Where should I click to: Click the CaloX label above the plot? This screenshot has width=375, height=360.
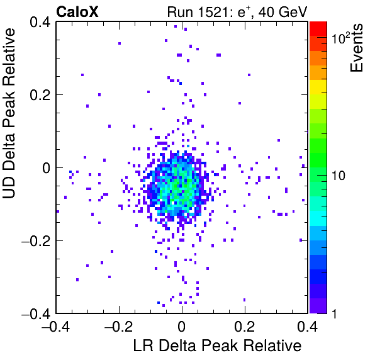tap(77, 12)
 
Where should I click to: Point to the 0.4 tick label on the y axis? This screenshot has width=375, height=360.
tap(40, 22)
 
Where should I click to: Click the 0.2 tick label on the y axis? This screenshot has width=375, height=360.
tap(40, 95)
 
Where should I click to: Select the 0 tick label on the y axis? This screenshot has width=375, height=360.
tap(47, 168)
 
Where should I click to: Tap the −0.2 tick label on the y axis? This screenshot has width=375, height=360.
tap(36, 241)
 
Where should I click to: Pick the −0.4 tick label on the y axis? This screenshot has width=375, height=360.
tap(36, 313)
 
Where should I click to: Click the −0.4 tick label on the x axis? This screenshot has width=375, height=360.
tap(56, 327)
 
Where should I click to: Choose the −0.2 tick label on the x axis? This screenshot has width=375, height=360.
tap(119, 327)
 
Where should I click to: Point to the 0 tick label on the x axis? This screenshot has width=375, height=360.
tap(182, 327)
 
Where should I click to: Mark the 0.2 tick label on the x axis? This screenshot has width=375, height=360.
tap(244, 327)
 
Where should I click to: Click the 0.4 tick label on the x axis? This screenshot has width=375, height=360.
tap(308, 327)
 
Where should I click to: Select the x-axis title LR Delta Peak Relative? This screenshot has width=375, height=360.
tap(217, 346)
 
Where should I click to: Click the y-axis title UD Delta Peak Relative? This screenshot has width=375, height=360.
tap(9, 113)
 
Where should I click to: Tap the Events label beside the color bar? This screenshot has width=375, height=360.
tap(356, 48)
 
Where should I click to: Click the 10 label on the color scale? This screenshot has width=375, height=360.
tap(339, 176)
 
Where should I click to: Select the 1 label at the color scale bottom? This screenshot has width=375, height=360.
tap(334, 313)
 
